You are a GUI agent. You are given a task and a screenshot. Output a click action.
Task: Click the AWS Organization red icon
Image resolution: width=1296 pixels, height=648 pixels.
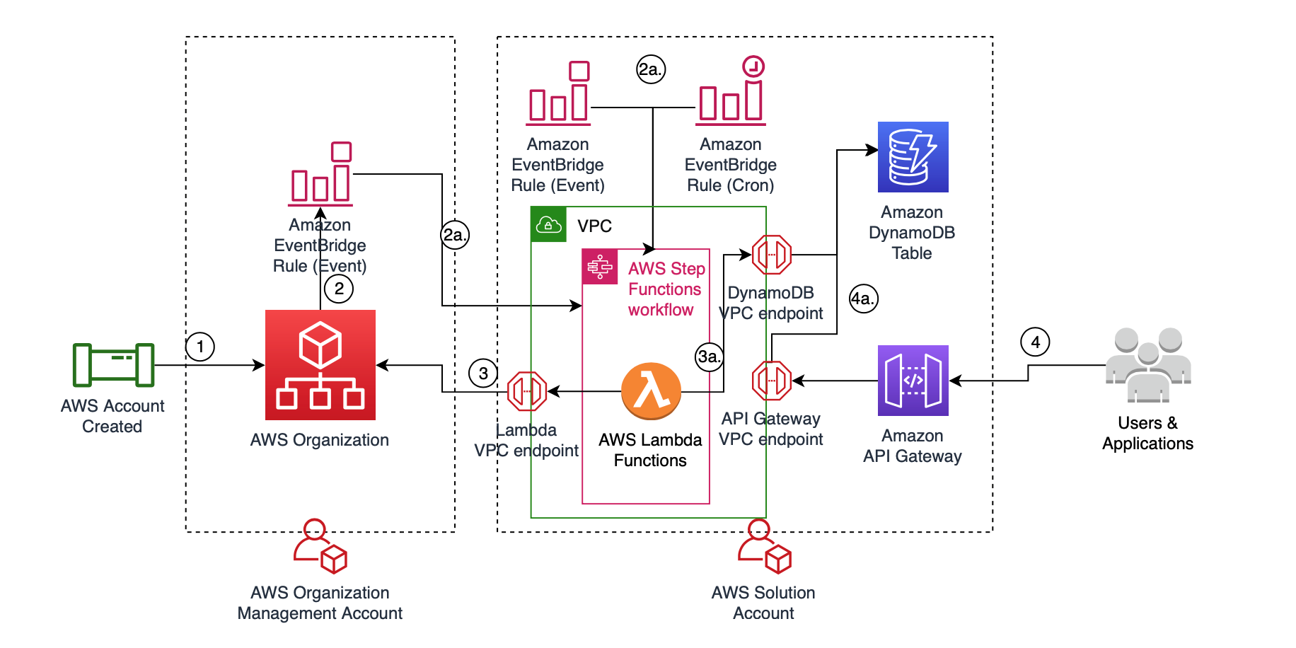point(320,365)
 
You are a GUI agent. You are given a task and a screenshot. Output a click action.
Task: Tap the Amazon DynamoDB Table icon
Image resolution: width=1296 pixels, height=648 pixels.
point(913,157)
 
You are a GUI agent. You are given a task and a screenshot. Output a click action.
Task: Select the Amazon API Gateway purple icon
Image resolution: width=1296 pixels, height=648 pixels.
point(913,381)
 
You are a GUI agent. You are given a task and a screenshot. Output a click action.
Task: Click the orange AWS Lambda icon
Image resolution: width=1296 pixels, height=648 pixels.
point(651,390)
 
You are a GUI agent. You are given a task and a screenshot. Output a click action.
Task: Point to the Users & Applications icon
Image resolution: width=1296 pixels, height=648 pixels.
point(1148,364)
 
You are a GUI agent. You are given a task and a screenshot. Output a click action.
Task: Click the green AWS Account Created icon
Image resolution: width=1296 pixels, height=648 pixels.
point(113,365)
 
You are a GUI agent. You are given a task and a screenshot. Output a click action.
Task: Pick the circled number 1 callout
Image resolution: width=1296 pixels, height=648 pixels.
point(200,347)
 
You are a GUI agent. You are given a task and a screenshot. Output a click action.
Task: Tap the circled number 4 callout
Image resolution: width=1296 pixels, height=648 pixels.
point(1035,342)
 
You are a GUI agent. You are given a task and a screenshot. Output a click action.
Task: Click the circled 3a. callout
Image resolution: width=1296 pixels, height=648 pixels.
point(709,357)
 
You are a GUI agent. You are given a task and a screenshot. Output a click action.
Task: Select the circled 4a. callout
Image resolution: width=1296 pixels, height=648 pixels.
point(863,299)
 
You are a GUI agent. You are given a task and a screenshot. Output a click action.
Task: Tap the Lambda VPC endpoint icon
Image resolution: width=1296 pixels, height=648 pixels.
point(527,391)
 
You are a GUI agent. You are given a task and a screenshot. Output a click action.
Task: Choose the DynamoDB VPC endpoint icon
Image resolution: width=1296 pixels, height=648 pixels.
point(771,255)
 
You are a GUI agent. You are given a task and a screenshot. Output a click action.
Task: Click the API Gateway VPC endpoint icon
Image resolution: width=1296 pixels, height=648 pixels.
point(771,381)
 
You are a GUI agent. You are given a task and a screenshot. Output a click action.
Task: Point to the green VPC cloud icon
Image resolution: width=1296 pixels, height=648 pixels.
point(549,225)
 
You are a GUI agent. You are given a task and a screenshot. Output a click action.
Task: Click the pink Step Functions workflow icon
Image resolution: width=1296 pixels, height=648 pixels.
point(600,267)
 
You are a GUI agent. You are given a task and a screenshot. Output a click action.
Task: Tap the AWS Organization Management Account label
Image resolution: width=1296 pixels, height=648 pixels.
point(320,603)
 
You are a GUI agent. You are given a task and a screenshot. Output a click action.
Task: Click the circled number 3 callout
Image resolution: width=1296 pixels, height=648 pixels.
point(483,374)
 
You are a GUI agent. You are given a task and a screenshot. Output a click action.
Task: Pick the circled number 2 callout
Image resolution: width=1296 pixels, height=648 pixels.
point(339,289)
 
